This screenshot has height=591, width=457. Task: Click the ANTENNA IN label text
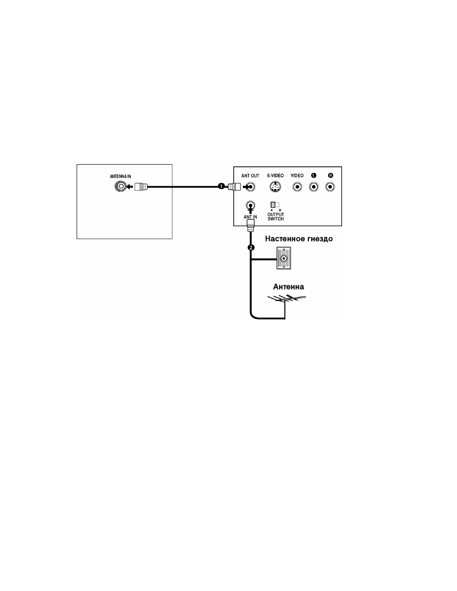120,177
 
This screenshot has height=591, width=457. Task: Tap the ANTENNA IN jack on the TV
121,187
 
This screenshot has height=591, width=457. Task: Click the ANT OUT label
250,176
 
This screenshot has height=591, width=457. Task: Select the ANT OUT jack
251,187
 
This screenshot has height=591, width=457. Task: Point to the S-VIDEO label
275,176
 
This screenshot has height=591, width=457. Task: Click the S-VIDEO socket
275,187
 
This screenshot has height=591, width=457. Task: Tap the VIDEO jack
297,187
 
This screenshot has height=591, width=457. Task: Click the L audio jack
314,187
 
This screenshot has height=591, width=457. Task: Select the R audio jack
330,187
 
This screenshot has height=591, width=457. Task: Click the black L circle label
314,176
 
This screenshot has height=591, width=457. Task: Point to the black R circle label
331,176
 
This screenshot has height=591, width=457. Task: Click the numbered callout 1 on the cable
221,186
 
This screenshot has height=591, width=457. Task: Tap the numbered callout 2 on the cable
251,247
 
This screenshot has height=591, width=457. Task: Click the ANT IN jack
250,205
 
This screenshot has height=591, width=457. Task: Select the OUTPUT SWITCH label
275,217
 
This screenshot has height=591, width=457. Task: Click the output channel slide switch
275,205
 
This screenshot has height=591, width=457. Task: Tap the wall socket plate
284,258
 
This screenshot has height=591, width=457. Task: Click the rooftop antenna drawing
286,299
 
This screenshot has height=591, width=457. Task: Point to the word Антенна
288,287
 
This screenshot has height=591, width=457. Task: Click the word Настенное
285,239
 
